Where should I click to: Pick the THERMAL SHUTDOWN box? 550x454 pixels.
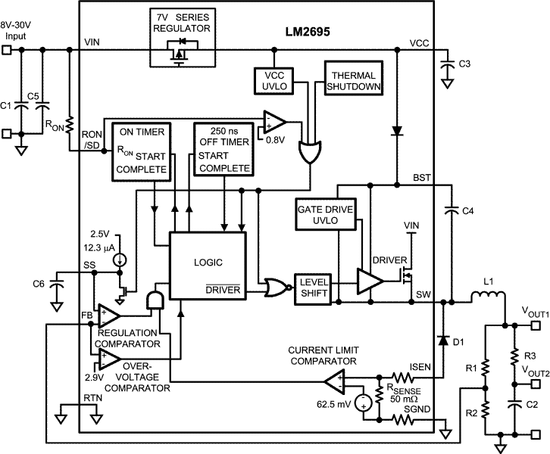point(354,76)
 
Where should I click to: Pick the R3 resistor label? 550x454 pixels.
point(530,356)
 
